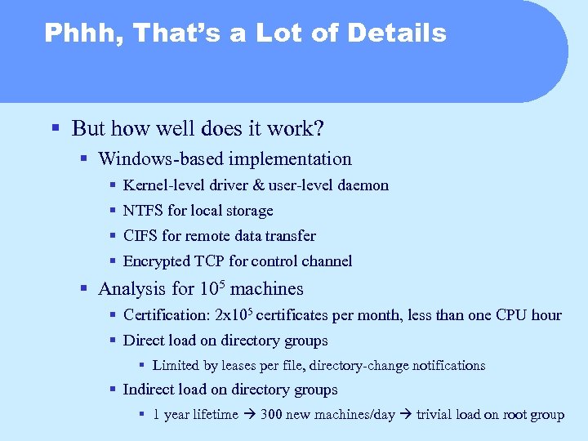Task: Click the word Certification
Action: coord(166,315)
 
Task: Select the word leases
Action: coord(236,366)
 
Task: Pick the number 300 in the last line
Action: coord(271,415)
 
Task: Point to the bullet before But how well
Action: coord(55,129)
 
